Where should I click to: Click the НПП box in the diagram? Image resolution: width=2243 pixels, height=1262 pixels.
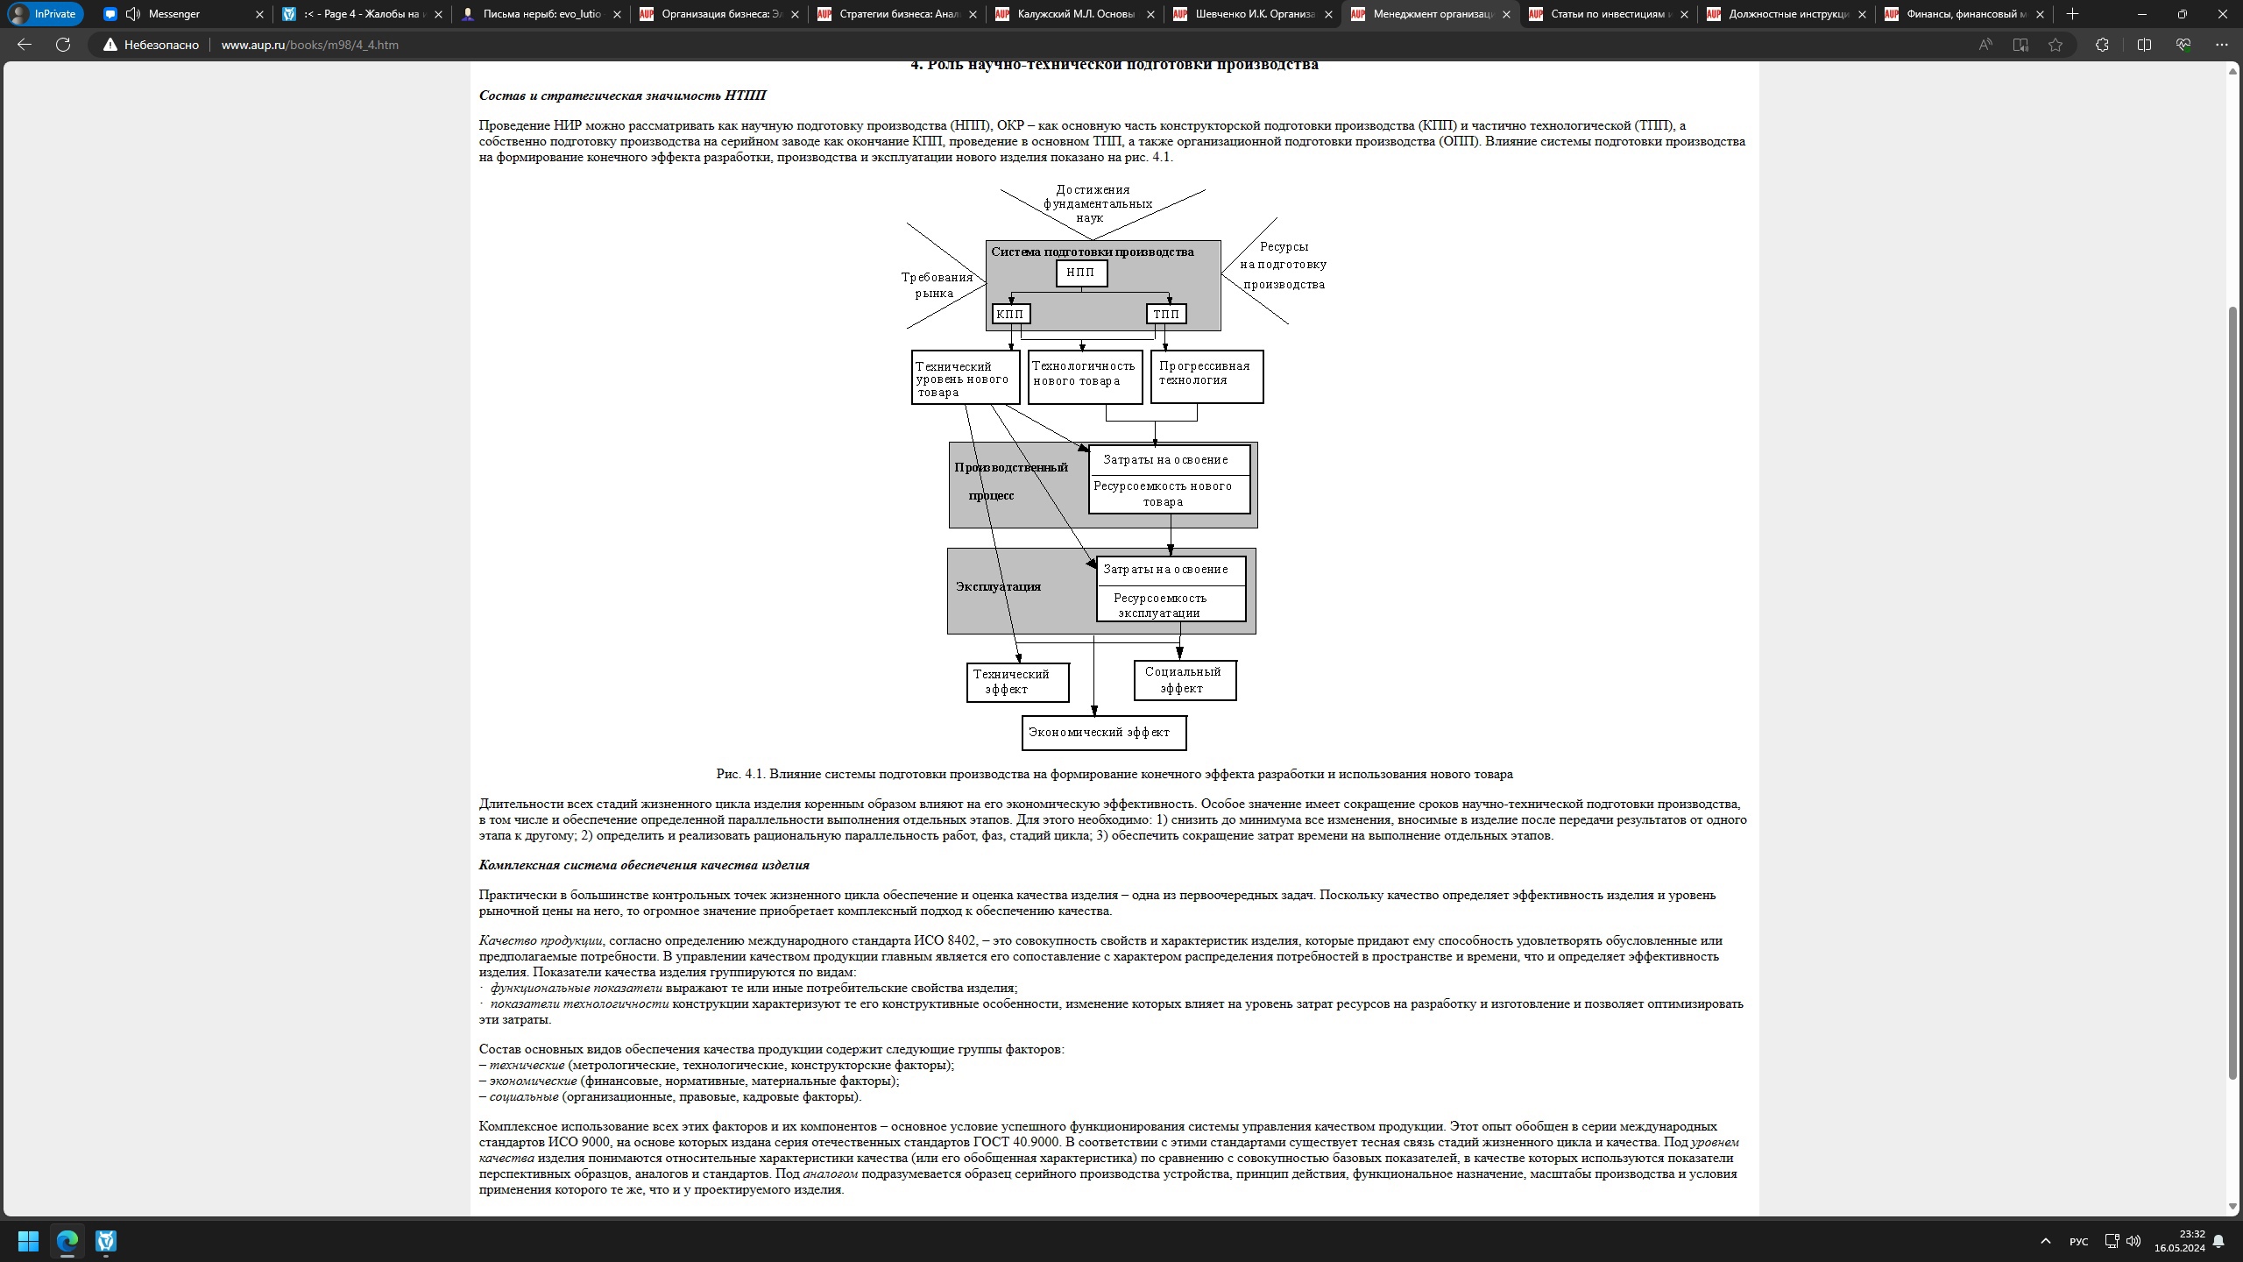[x=1081, y=273]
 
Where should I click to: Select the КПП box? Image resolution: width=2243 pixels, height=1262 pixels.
[x=1010, y=314]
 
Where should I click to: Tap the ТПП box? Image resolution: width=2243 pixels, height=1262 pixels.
[x=1166, y=314]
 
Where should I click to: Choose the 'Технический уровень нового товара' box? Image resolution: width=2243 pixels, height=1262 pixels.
[x=965, y=378]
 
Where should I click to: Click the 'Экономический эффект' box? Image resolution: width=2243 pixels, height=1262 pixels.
[x=1103, y=733]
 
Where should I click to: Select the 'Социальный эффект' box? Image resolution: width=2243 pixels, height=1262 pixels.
[x=1185, y=680]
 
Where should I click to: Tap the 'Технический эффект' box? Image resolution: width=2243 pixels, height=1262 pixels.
[x=1017, y=682]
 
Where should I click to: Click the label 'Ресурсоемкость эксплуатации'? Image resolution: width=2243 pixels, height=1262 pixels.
[x=1161, y=606]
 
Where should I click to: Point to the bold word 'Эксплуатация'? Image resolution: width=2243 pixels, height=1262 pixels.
[x=998, y=586]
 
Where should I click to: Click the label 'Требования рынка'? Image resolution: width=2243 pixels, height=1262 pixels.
[x=936, y=285]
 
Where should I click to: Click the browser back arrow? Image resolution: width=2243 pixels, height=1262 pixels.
[x=25, y=45]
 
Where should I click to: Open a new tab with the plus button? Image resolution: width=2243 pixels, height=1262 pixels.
[x=2072, y=14]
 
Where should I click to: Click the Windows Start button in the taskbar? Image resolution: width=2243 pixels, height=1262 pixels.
[x=28, y=1241]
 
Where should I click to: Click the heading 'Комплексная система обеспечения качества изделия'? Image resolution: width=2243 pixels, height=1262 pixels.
[x=644, y=865]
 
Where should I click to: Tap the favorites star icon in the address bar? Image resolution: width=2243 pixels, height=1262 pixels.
[x=2055, y=45]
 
